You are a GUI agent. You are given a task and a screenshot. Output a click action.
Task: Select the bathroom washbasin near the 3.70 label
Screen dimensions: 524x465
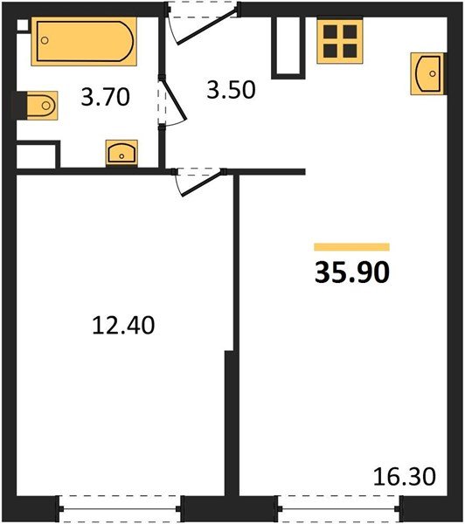pyautogui.click(x=120, y=153)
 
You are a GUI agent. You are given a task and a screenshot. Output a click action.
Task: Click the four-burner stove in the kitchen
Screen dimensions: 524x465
pyautogui.click(x=339, y=40)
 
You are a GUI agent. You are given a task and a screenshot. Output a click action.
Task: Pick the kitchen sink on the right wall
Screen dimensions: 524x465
pyautogui.click(x=426, y=73)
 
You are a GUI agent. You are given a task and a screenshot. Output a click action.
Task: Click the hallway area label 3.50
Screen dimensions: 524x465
pyautogui.click(x=230, y=90)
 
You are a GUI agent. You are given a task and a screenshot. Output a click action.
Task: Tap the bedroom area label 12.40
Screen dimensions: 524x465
pyautogui.click(x=123, y=326)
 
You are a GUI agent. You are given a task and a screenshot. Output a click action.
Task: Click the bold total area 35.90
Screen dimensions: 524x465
pyautogui.click(x=350, y=273)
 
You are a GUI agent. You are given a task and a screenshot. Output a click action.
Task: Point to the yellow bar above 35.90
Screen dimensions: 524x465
pyautogui.click(x=351, y=247)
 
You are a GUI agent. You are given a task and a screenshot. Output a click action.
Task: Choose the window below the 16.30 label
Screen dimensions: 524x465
pyautogui.click(x=340, y=507)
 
